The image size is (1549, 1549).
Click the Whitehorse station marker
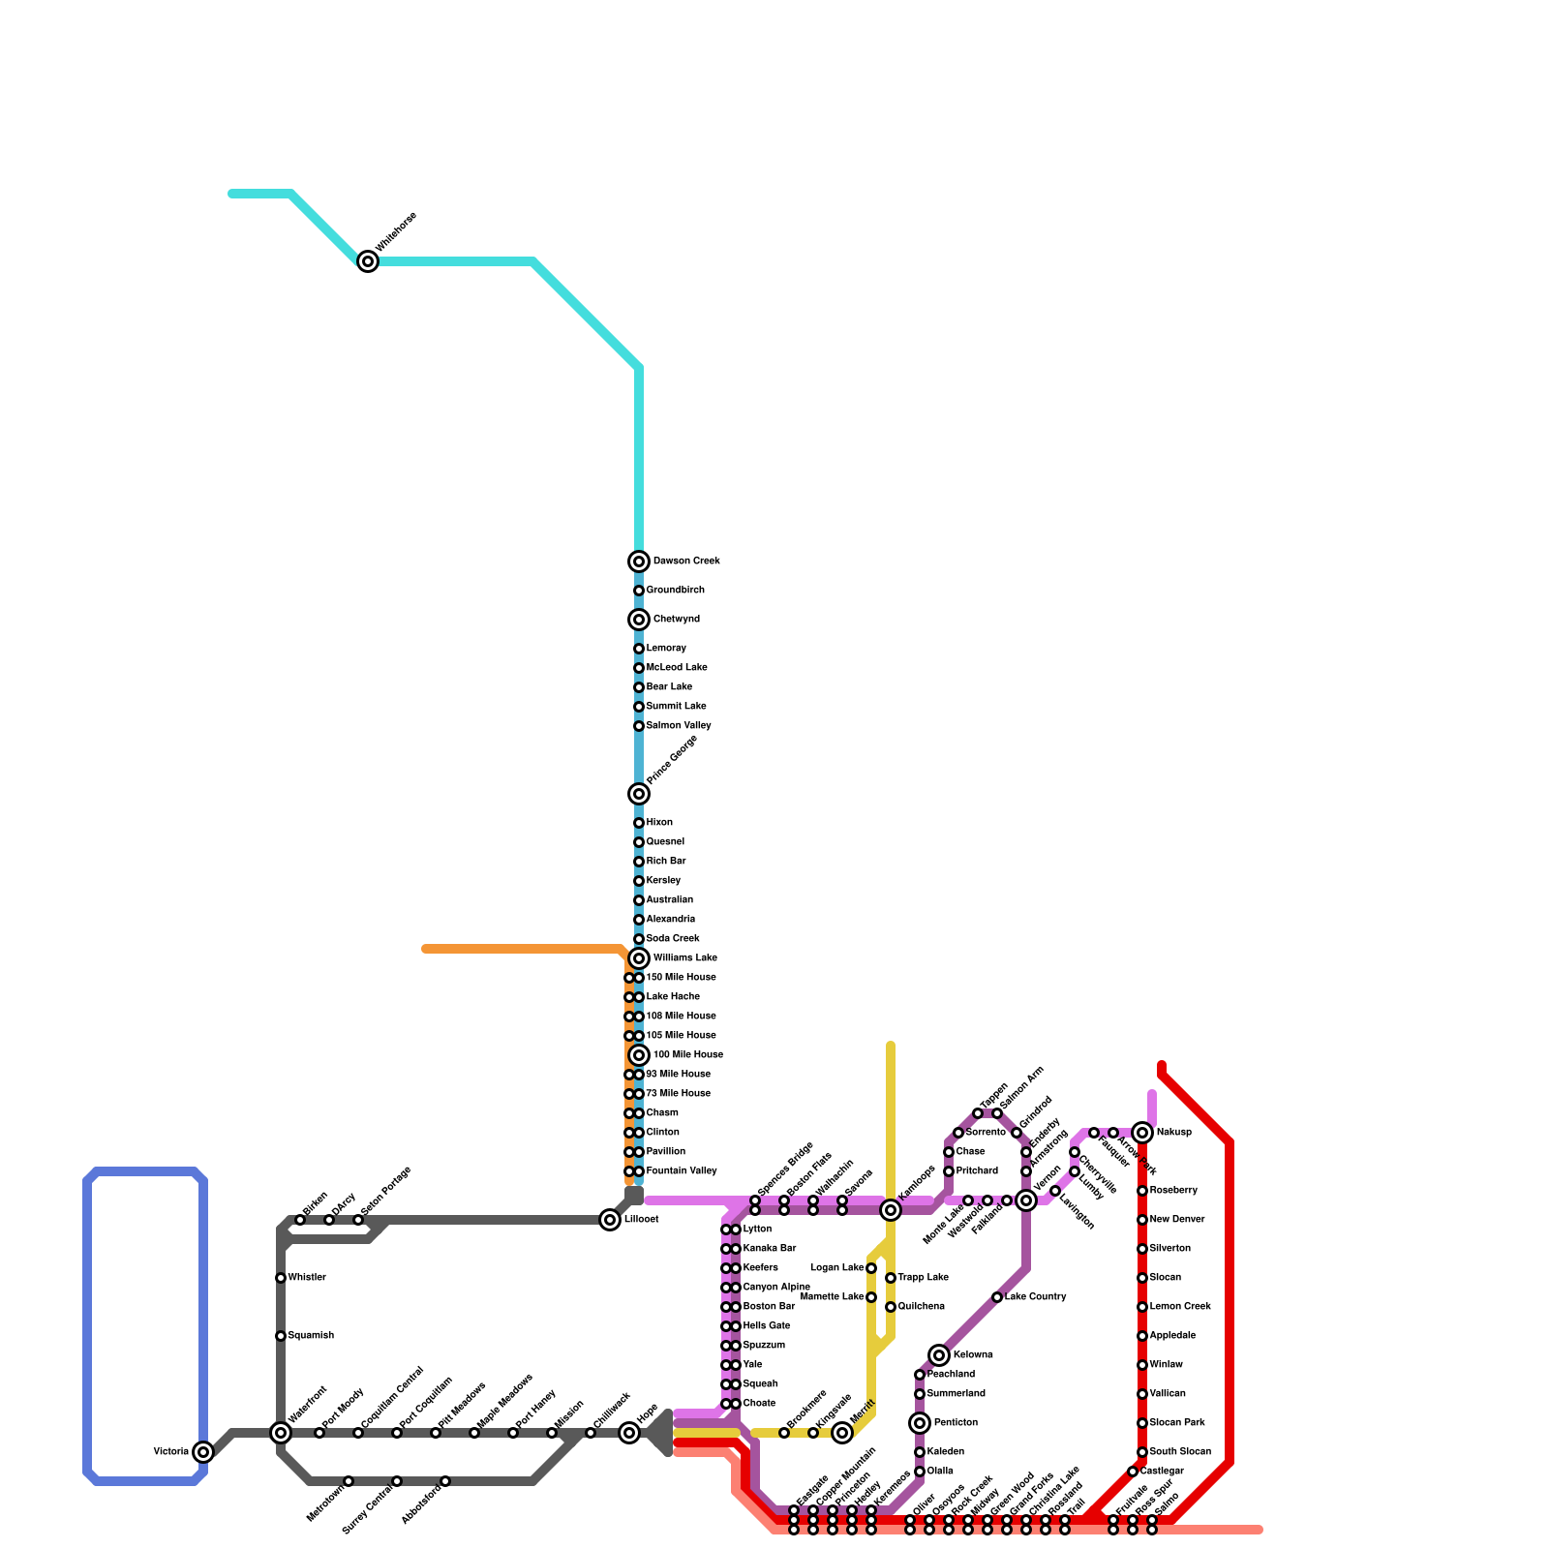coord(368,261)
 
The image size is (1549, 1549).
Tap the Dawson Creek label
coord(686,562)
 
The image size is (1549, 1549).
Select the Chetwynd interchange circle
coord(639,620)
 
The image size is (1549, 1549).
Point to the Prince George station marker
coord(639,794)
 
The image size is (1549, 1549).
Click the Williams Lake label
coord(684,958)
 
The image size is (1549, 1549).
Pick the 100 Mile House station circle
coord(639,1055)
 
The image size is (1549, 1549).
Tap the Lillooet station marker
coord(610,1220)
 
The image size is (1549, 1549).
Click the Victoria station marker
coord(203,1452)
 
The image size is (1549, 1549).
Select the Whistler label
coord(307,1278)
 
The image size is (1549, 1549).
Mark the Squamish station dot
coord(281,1336)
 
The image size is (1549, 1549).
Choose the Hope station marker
coord(629,1433)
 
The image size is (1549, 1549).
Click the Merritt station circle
coord(842,1433)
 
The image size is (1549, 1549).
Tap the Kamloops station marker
coord(891,1210)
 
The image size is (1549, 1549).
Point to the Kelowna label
coord(973,1355)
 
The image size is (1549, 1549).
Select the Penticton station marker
coord(920,1423)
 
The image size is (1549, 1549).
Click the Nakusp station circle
coord(1142,1133)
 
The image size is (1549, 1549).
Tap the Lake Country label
coord(1035,1297)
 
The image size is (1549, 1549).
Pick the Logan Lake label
coord(837,1268)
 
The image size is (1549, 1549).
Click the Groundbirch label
coord(675,591)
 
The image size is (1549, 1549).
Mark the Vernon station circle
coord(1026,1200)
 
